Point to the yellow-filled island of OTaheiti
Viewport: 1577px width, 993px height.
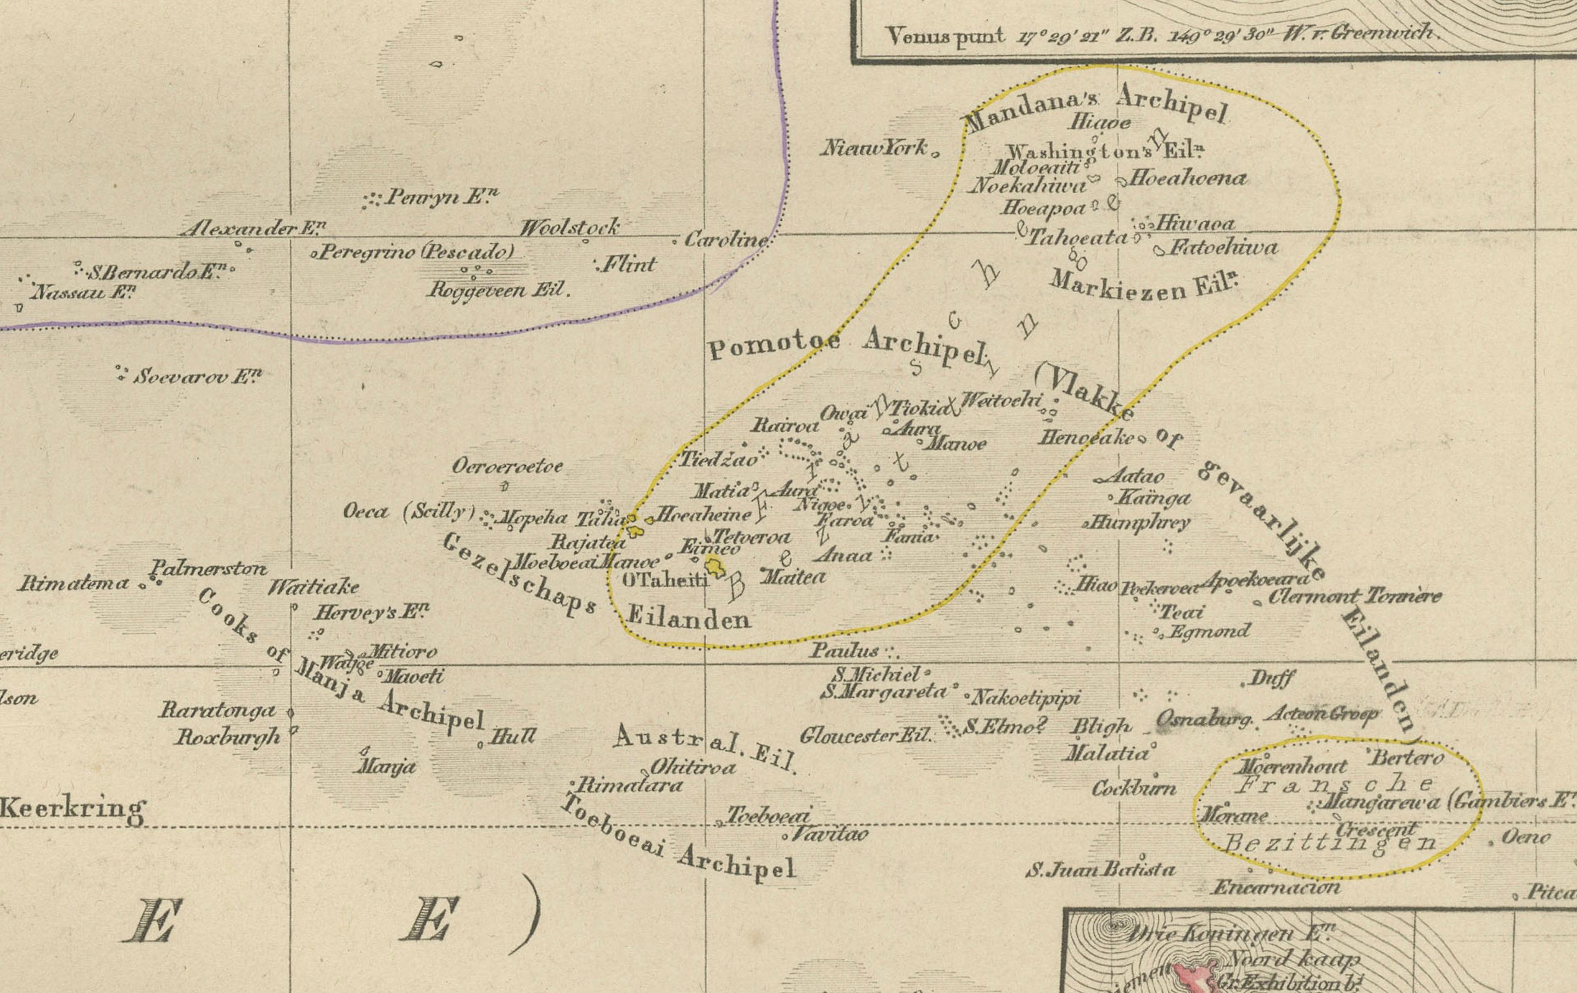click(x=714, y=565)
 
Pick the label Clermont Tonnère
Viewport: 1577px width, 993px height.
click(x=1354, y=596)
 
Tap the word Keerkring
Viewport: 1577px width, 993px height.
click(x=72, y=808)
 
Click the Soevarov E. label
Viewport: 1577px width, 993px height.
click(x=197, y=377)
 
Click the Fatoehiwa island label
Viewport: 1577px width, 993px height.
click(x=1223, y=248)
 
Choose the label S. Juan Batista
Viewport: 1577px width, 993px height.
click(x=1101, y=870)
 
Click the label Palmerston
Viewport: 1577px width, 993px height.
click(x=209, y=567)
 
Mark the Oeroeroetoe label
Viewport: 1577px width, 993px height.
click(x=507, y=466)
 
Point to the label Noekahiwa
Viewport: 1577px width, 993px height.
click(x=1026, y=186)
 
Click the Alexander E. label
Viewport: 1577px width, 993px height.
click(x=253, y=228)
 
